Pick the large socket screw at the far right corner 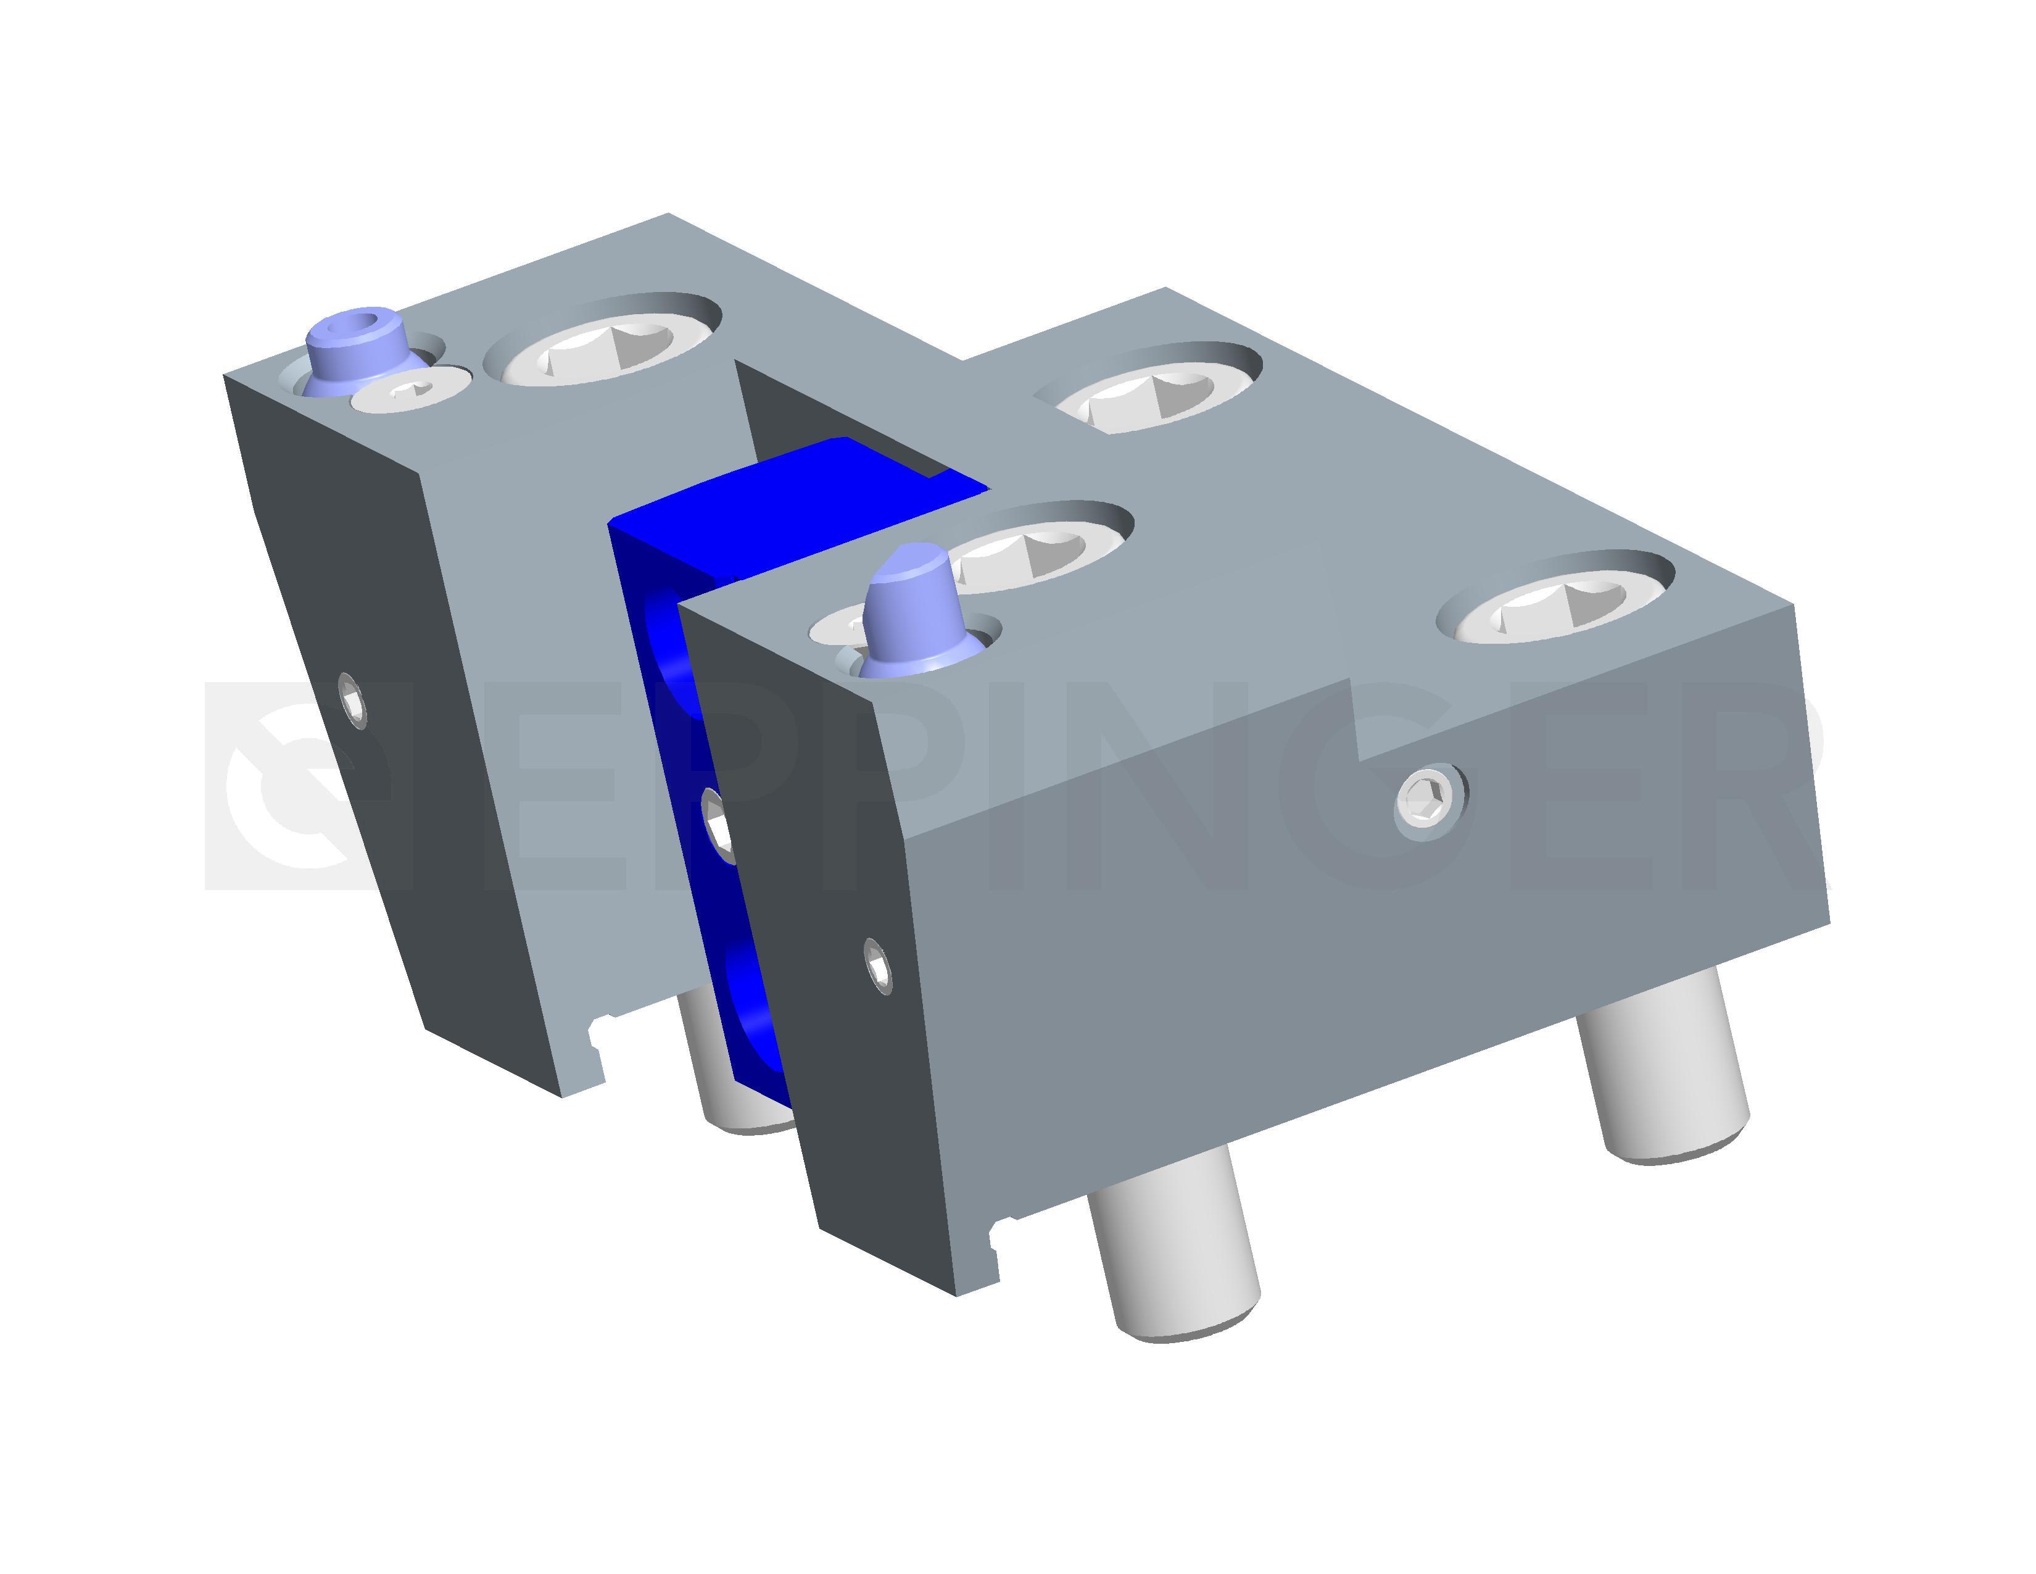1555,601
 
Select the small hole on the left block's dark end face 352,698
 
